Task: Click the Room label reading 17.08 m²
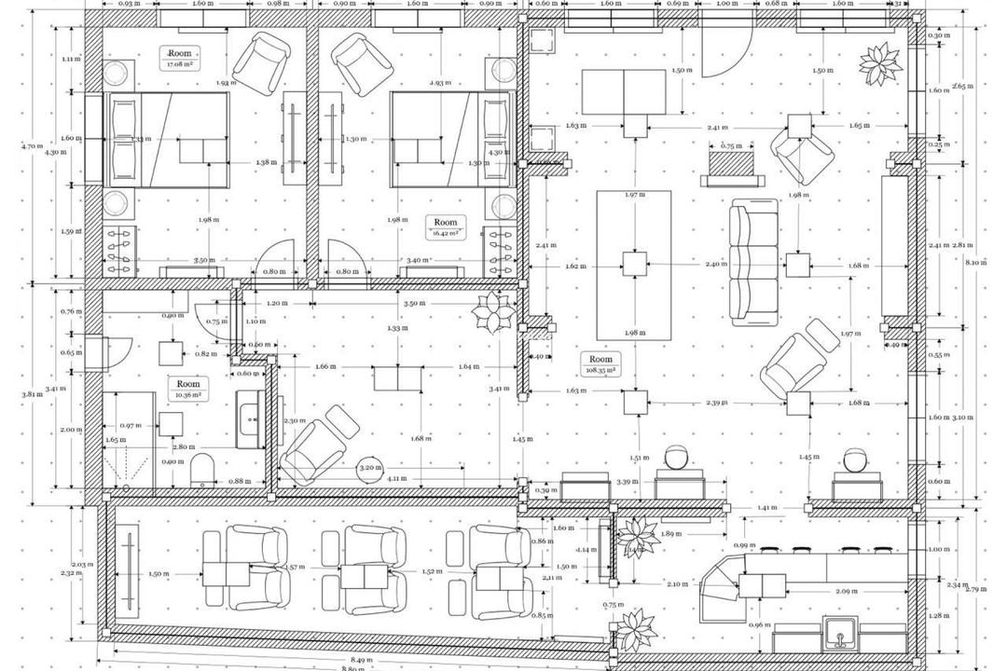click(181, 59)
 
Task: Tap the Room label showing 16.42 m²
click(446, 227)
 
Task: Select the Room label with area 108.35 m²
click(600, 364)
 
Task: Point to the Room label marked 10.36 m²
click(188, 389)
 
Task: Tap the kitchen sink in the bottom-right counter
click(842, 637)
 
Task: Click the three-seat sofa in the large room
click(754, 262)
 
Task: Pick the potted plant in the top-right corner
click(879, 64)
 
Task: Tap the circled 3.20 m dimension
click(370, 467)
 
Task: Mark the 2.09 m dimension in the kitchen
click(847, 591)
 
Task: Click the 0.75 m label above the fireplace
click(732, 145)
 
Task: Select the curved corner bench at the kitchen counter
click(716, 582)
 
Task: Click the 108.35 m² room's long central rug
click(633, 266)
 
